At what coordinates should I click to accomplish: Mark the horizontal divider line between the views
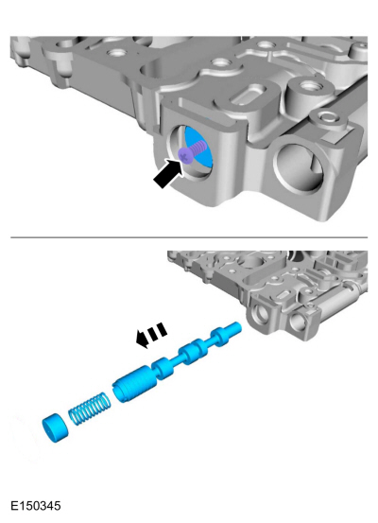click(x=189, y=237)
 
